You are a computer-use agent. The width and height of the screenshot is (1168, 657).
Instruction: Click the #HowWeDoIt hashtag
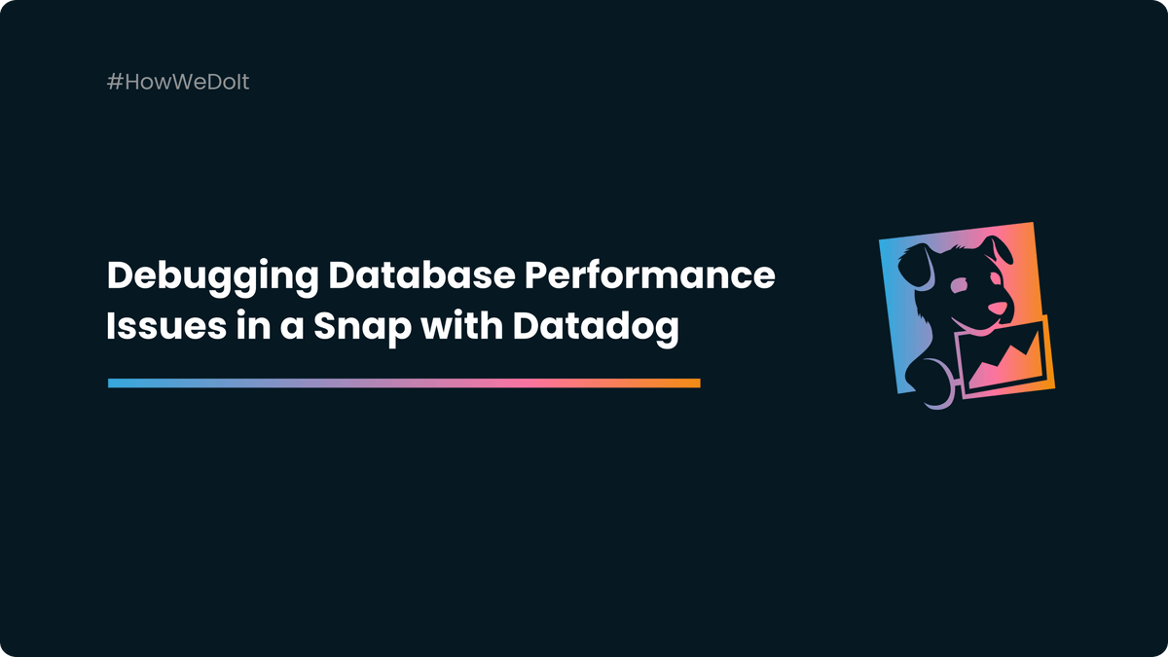tap(178, 82)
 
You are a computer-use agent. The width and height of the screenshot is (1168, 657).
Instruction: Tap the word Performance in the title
tap(650, 276)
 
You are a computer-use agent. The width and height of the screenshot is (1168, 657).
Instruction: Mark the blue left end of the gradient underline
tap(113, 383)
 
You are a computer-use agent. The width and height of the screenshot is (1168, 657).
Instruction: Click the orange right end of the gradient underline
tap(695, 383)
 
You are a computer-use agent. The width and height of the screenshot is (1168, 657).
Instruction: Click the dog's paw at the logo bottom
tap(926, 384)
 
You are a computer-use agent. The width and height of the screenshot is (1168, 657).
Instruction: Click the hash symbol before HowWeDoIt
tap(114, 82)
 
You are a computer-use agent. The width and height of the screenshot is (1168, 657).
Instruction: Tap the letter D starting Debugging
tap(119, 276)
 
